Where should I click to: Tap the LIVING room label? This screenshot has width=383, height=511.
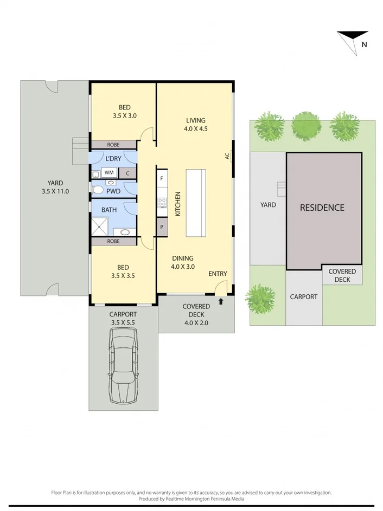tap(196, 120)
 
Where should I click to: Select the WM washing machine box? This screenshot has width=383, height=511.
tap(110, 173)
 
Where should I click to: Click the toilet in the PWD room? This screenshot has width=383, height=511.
tap(98, 190)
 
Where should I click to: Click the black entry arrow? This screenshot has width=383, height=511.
tap(221, 301)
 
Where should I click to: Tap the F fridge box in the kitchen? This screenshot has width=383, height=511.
tap(162, 177)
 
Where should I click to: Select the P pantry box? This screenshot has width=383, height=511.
tap(162, 228)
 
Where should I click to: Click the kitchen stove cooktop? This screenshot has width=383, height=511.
tap(162, 203)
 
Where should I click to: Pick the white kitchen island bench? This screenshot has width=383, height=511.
tap(196, 203)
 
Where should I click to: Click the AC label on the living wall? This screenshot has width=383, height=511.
tap(227, 156)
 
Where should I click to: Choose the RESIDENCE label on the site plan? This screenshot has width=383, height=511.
tap(322, 208)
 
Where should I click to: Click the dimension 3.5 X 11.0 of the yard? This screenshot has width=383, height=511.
tap(55, 191)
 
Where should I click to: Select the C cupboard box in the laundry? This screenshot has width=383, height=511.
tap(127, 173)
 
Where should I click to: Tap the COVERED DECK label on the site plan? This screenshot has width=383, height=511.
tap(342, 275)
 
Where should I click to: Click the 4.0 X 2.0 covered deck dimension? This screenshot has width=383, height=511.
tap(196, 322)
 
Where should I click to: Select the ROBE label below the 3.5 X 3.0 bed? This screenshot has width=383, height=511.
tap(113, 145)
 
